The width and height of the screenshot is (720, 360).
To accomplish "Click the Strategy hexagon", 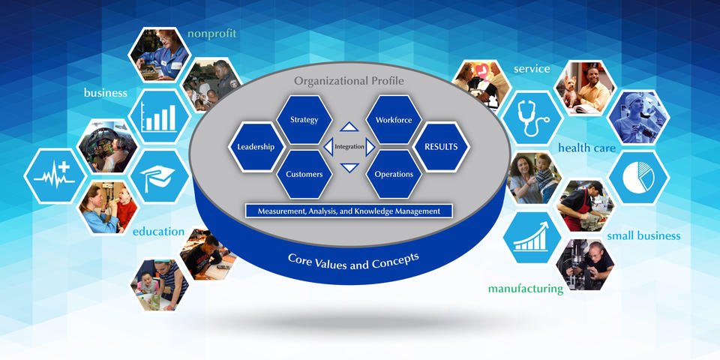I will pyautogui.click(x=304, y=119).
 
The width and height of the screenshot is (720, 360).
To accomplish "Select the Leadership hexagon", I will pyautogui.click(x=256, y=147).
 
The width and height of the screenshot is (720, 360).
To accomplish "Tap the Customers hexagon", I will pyautogui.click(x=304, y=174).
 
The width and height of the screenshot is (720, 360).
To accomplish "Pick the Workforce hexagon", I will pyautogui.click(x=394, y=119).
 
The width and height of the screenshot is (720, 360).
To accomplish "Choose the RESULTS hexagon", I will pyautogui.click(x=441, y=147).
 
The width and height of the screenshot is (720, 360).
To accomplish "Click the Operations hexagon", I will pyautogui.click(x=394, y=174).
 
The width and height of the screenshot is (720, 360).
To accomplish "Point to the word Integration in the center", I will pyautogui.click(x=349, y=147).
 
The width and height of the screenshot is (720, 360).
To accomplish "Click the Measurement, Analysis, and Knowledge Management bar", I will pyautogui.click(x=349, y=211).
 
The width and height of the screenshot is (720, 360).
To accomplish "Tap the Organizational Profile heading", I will pyautogui.click(x=349, y=80).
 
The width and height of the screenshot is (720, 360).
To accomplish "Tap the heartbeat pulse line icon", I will pyautogui.click(x=54, y=179).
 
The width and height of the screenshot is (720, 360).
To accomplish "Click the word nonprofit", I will pyautogui.click(x=212, y=33).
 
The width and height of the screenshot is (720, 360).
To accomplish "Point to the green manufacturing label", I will pyautogui.click(x=525, y=289).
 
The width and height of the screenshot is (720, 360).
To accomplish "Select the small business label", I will pyautogui.click(x=643, y=235).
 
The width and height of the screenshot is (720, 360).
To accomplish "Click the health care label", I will pyautogui.click(x=586, y=148).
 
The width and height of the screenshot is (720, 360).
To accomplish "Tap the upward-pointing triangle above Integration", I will pyautogui.click(x=349, y=127).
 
